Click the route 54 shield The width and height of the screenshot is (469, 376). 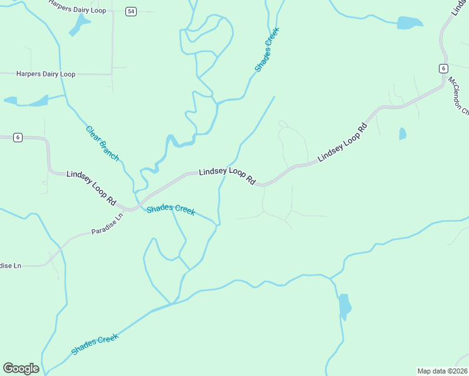[x=130, y=11]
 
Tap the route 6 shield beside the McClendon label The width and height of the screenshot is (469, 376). [x=443, y=68]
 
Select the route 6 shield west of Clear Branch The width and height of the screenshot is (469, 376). [x=18, y=138]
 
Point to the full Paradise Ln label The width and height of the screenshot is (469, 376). [x=108, y=222]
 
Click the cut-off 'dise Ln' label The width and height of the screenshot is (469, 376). [x=11, y=266]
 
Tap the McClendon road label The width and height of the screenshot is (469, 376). [x=458, y=96]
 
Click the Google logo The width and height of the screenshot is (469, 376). [x=21, y=368]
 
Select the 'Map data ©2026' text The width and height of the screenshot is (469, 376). [x=442, y=371]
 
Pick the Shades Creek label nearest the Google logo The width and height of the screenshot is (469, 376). [x=95, y=345]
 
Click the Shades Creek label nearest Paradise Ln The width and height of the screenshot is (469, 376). [x=171, y=209]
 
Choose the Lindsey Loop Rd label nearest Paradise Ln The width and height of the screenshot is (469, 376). [x=92, y=188]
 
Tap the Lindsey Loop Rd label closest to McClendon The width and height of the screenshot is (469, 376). [x=342, y=144]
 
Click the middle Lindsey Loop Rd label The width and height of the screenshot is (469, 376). [x=227, y=175]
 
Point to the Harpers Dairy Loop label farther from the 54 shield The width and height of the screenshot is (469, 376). [x=46, y=74]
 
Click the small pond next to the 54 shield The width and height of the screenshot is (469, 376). [x=80, y=24]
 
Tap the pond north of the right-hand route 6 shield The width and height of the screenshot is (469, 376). [x=410, y=23]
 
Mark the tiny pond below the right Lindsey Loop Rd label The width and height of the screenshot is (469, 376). [x=403, y=133]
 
